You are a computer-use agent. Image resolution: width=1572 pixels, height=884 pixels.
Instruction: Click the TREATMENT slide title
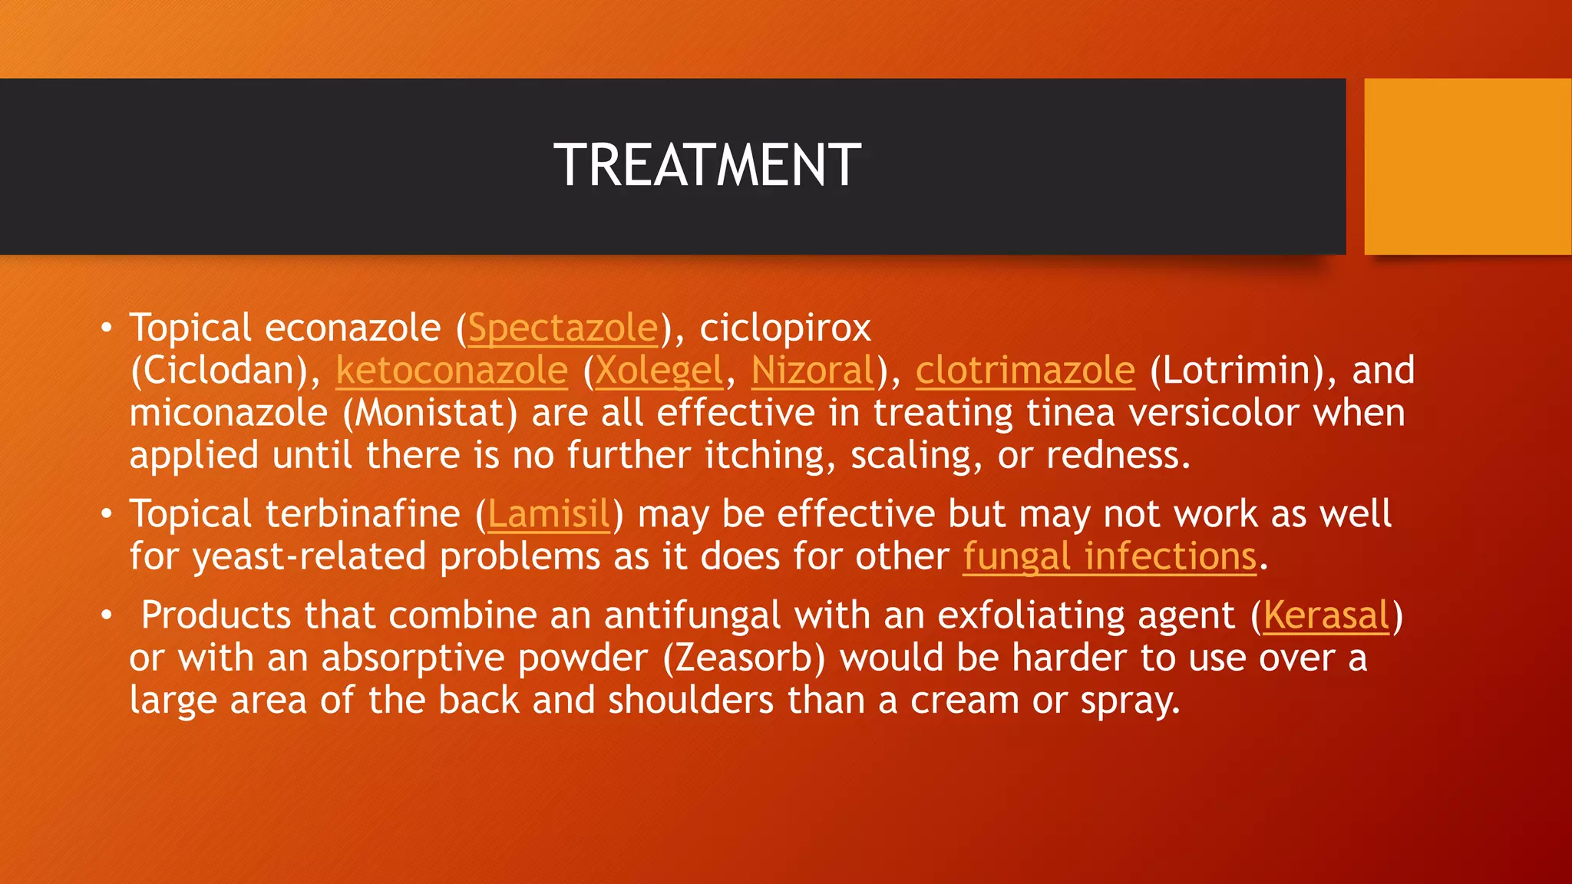coord(707,166)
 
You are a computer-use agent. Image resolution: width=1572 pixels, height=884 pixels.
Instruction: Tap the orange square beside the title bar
coord(1467,166)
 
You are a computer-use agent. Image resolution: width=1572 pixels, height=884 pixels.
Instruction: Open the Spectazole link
coord(563,328)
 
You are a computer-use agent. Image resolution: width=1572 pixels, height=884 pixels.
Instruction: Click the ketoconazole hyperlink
coord(451,371)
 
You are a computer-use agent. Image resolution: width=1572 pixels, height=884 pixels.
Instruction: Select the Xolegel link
coord(659,371)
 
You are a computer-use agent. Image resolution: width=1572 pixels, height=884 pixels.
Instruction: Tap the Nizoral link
coord(813,371)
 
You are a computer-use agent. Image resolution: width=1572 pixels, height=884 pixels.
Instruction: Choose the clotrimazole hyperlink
coord(1025,371)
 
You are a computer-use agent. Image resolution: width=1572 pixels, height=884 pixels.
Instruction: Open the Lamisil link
coord(549,514)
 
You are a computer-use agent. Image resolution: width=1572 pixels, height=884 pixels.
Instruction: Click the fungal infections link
coord(1110,556)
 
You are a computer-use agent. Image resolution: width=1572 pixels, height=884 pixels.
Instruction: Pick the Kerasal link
coord(1326,615)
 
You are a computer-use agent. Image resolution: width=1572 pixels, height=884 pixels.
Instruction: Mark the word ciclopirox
coord(785,328)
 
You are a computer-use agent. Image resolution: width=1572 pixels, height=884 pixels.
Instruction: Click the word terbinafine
coord(362,514)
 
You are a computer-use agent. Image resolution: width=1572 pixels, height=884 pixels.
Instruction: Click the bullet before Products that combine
coord(107,615)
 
